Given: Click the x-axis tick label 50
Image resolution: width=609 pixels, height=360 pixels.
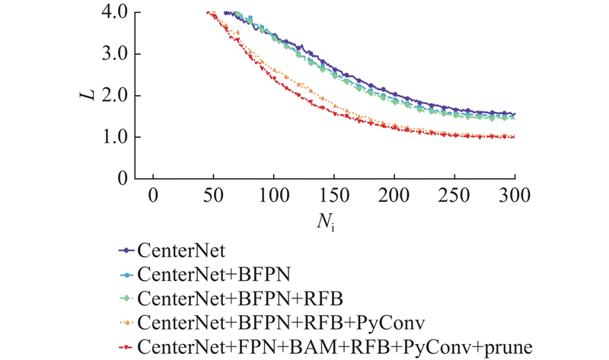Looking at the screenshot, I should [x=213, y=195].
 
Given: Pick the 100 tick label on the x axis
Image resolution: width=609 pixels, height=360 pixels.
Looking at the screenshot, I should [x=274, y=195].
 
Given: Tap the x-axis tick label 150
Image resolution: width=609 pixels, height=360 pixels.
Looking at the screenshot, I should [x=334, y=195].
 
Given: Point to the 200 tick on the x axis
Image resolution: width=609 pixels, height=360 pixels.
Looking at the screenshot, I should [x=394, y=195].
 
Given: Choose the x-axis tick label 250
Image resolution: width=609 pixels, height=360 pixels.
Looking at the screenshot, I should [x=454, y=195].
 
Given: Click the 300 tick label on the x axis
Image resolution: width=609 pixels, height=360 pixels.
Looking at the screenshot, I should [x=515, y=195].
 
